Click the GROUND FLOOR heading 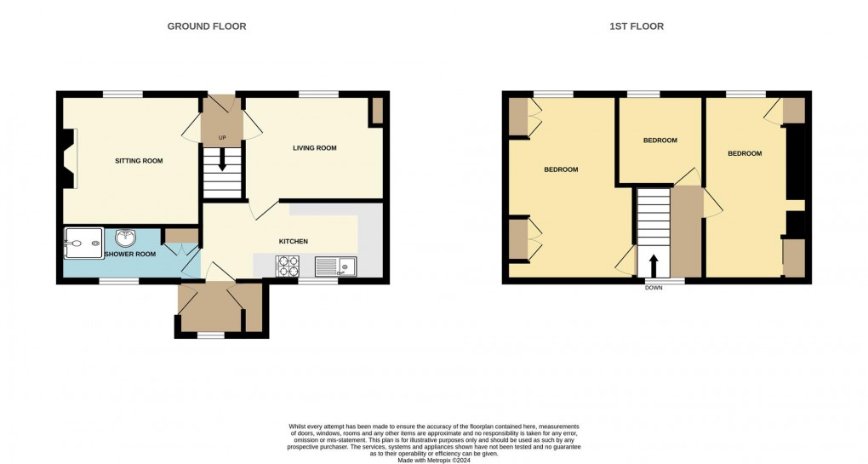pyautogui.click(x=206, y=26)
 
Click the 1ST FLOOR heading pyautogui.click(x=637, y=26)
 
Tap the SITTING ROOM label pyautogui.click(x=139, y=161)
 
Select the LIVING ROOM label pyautogui.click(x=315, y=148)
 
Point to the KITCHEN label pyautogui.click(x=293, y=242)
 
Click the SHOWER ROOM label pyautogui.click(x=131, y=254)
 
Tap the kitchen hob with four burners pyautogui.click(x=287, y=266)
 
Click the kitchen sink pyautogui.click(x=338, y=266)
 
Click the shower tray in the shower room pyautogui.click(x=83, y=243)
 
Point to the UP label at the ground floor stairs pyautogui.click(x=222, y=137)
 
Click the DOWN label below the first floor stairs pyautogui.click(x=654, y=288)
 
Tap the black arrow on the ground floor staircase pyautogui.click(x=222, y=160)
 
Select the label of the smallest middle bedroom pyautogui.click(x=660, y=140)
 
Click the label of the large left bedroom pyautogui.click(x=561, y=169)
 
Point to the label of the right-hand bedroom pyautogui.click(x=745, y=153)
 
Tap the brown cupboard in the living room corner pyautogui.click(x=376, y=112)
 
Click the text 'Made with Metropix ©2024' pyautogui.click(x=434, y=460)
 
